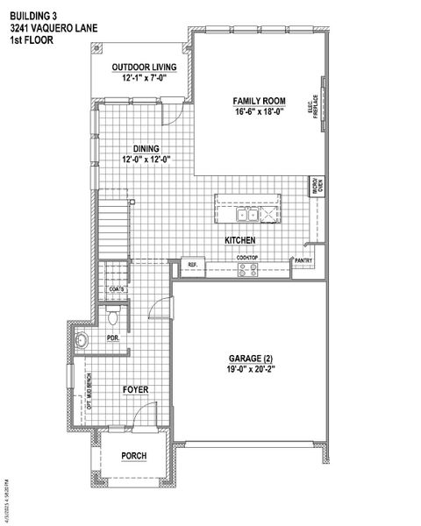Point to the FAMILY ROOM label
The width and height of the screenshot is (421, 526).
pyautogui.click(x=259, y=102)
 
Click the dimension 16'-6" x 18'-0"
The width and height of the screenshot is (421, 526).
pyautogui.click(x=259, y=113)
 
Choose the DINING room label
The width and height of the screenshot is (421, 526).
pyautogui.click(x=146, y=148)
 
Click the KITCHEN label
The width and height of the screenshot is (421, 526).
pyautogui.click(x=239, y=239)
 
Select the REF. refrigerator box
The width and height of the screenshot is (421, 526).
pyautogui.click(x=192, y=264)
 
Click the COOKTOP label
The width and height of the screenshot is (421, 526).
pyautogui.click(x=246, y=257)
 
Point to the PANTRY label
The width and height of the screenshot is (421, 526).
pyautogui.click(x=304, y=260)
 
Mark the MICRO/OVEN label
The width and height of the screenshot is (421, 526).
pyautogui.click(x=318, y=187)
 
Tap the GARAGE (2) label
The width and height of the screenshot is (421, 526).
pyautogui.click(x=252, y=359)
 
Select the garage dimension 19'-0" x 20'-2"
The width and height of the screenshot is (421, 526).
pyautogui.click(x=252, y=371)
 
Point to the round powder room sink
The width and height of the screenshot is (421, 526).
pyautogui.click(x=82, y=340)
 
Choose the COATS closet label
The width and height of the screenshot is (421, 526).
pyautogui.click(x=115, y=288)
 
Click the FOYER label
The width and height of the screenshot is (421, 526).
pyautogui.click(x=134, y=387)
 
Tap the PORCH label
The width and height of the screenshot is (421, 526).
pyautogui.click(x=133, y=457)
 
